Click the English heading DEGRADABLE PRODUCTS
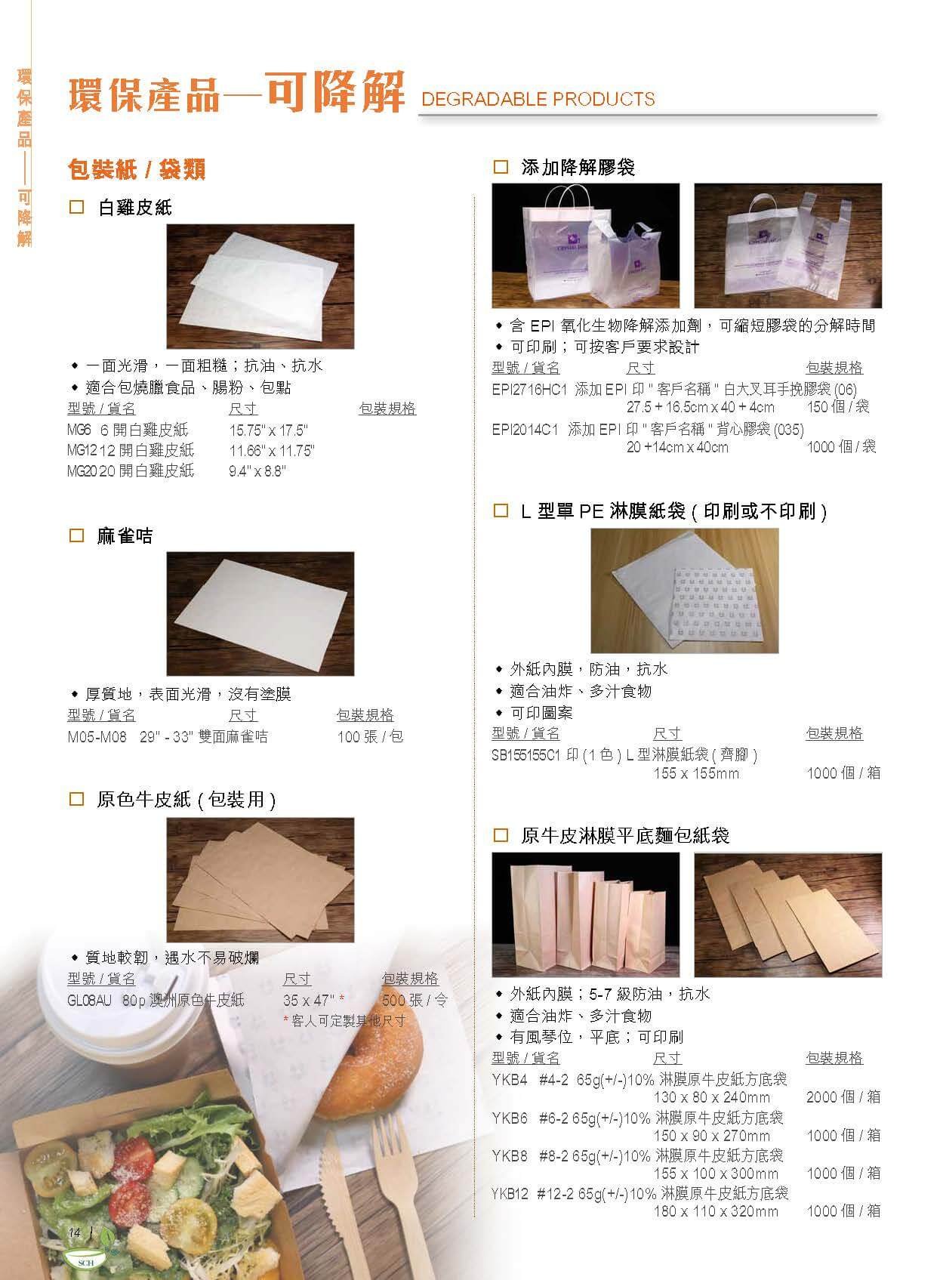coord(538,99)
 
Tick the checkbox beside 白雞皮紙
coord(76,207)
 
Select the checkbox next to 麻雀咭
coord(76,535)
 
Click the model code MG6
coord(79,430)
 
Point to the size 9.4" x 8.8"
coord(257,471)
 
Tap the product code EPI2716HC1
coord(529,390)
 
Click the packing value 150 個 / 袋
coord(838,407)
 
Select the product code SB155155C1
coord(525,755)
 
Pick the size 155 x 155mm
coord(696,773)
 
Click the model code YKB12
coord(510,1194)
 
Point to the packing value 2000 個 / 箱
coord(843,1096)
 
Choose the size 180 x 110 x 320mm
coord(716,1211)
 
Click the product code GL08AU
coord(89,1000)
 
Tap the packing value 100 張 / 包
coord(370,736)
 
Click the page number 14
coord(74,1232)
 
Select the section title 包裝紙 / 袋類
coord(137,170)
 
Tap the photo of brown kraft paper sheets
coord(260,880)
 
